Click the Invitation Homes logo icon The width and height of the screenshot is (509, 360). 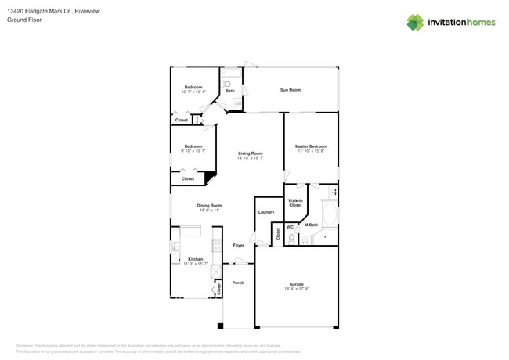coord(415,23)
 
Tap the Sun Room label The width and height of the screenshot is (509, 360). coord(290,90)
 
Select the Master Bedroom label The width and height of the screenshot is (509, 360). coord(311,146)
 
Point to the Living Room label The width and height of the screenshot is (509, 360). coord(250,153)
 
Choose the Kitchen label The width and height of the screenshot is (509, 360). coord(195,259)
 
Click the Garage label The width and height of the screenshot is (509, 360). coord(296,284)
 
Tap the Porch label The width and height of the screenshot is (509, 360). coord(238,283)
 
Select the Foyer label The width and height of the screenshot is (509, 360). coord(238,245)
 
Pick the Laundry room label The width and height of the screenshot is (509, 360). coord(265,212)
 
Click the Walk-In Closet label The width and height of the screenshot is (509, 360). coord(295,203)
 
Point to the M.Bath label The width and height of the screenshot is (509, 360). coord(311,225)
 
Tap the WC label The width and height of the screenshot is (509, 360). coord(290,227)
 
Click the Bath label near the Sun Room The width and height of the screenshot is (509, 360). coord(230,91)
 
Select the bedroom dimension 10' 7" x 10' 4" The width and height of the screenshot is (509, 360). coord(193,92)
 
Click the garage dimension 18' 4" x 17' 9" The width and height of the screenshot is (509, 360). coord(296,289)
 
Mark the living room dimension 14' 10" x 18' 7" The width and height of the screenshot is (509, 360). coord(250,158)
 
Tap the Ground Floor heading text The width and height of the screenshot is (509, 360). coord(23,20)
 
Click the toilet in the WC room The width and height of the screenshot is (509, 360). coord(291,239)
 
